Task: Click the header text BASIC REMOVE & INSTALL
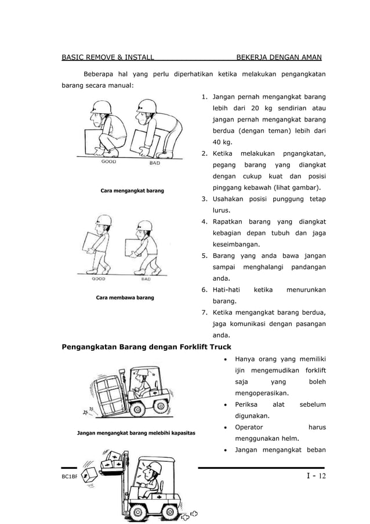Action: pos(108,57)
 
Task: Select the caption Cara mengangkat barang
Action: pos(132,191)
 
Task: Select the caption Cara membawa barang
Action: pos(125,297)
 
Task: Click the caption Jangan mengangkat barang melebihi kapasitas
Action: pos(136,433)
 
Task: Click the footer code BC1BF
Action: pos(70,478)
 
